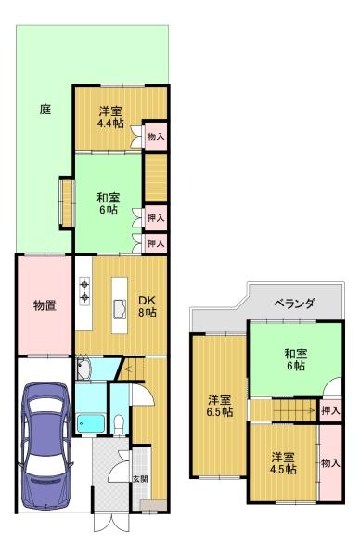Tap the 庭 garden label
(45, 109)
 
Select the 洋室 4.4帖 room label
(111, 117)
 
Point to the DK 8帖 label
(147, 306)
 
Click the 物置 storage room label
(45, 305)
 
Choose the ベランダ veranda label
(295, 304)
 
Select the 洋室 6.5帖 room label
(220, 406)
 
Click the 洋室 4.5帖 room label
(283, 463)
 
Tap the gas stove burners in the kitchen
(84, 291)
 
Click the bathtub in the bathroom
(92, 423)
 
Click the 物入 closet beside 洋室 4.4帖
(156, 136)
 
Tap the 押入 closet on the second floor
(330, 410)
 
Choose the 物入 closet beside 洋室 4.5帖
(330, 462)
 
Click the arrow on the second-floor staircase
(294, 411)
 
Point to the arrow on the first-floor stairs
(131, 368)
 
